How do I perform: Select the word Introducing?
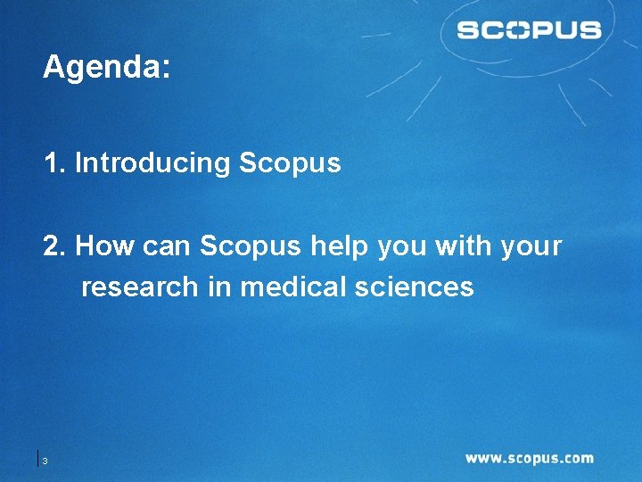(x=152, y=163)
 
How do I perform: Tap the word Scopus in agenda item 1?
(x=290, y=163)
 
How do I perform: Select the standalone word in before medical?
(x=218, y=287)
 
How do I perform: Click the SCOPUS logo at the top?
(x=529, y=30)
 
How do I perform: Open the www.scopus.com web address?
(x=529, y=459)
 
